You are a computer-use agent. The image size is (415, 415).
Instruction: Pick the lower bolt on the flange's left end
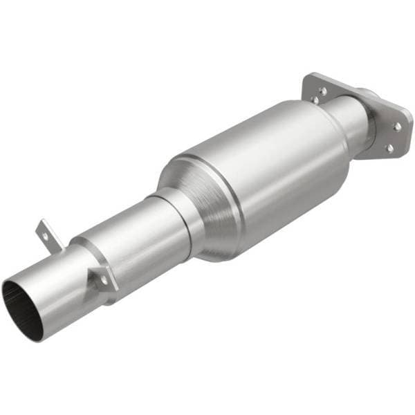click(x=315, y=101)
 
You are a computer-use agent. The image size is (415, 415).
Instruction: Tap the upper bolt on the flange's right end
click(x=397, y=126)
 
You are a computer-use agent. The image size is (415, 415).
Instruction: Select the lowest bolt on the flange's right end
click(x=389, y=147)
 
